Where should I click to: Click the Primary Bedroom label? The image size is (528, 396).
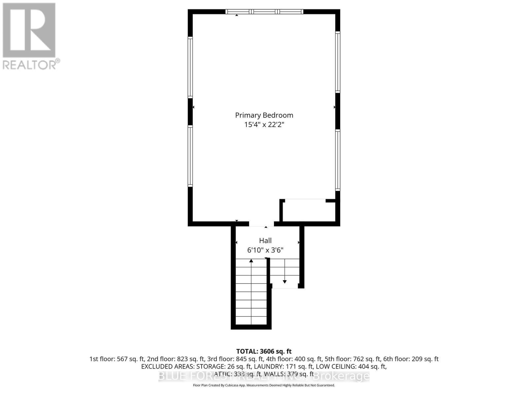coord(264,115)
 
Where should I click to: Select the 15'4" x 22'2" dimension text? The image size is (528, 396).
coord(264,125)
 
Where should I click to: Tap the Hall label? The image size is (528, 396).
coord(265,241)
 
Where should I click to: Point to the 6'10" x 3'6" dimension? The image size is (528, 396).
coord(265,250)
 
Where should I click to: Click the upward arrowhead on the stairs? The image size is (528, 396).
coord(251,261)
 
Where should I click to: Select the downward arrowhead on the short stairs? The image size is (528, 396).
coord(284,281)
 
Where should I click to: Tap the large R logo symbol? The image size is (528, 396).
coord(29,30)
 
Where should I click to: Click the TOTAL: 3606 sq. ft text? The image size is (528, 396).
coord(264,351)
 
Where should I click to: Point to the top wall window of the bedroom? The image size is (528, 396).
coord(264,12)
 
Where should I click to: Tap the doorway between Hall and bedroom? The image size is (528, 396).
coord(261,224)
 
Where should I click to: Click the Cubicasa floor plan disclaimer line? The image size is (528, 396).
coord(264,385)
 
